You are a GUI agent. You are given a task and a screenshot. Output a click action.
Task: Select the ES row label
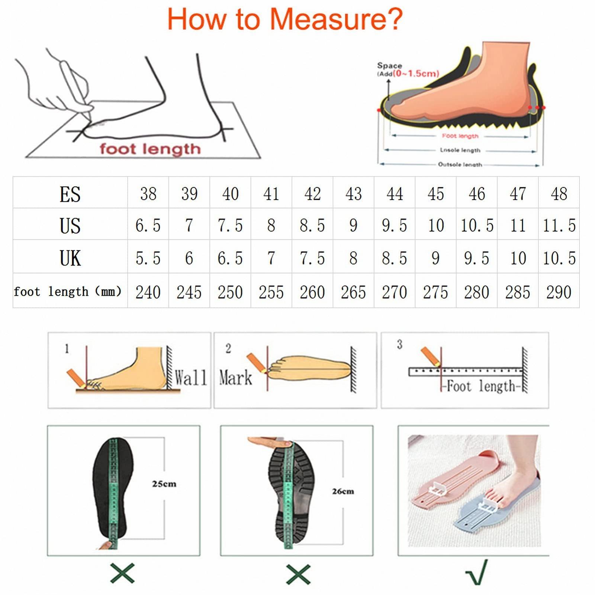click(70, 194)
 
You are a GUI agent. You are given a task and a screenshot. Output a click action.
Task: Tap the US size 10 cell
click(436, 225)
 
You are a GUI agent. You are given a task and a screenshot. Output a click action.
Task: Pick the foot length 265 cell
click(353, 292)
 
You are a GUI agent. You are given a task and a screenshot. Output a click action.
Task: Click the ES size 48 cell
click(559, 194)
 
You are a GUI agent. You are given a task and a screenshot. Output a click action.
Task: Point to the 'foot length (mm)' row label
click(68, 292)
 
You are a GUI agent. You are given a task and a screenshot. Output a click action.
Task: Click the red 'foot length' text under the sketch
click(150, 149)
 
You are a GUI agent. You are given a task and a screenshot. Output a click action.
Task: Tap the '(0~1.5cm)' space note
click(416, 74)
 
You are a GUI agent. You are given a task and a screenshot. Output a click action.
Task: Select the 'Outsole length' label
click(460, 164)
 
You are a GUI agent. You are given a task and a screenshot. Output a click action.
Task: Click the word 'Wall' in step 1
click(190, 378)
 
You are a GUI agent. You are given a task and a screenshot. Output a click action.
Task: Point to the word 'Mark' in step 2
click(235, 378)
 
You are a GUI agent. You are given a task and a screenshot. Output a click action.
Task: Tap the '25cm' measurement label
click(164, 484)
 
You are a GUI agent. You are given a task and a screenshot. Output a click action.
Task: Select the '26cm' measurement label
click(343, 491)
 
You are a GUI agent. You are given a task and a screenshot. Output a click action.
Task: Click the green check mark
click(477, 573)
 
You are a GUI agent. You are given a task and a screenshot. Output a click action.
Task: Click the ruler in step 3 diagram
click(466, 372)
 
